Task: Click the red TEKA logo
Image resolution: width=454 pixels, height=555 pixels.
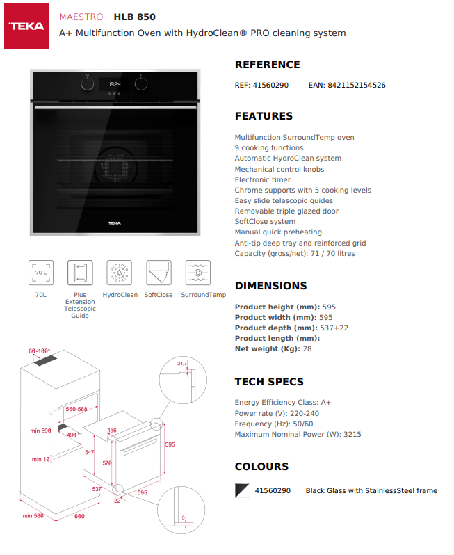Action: click(x=26, y=26)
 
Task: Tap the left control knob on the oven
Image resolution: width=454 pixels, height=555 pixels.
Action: click(x=87, y=83)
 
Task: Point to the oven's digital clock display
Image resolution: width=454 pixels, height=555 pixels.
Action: click(x=115, y=84)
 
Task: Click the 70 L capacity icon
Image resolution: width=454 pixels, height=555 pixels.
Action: click(x=40, y=273)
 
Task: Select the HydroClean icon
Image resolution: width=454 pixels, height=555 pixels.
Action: click(x=120, y=273)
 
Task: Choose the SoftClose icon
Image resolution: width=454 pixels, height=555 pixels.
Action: click(x=159, y=273)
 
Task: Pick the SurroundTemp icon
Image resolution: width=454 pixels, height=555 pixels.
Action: click(x=198, y=273)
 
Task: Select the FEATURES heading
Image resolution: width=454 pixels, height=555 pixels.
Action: click(x=264, y=116)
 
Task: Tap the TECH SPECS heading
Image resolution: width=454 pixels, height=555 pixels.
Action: click(x=269, y=382)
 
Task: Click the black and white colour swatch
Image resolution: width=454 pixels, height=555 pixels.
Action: click(x=242, y=490)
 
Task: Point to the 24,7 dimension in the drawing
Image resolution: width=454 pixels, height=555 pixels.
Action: click(x=182, y=364)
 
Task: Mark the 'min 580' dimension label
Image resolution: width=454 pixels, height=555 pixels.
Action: click(x=33, y=515)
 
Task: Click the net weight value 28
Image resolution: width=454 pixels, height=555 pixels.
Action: click(x=307, y=349)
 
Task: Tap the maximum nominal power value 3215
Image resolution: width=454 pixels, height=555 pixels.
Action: click(x=352, y=435)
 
